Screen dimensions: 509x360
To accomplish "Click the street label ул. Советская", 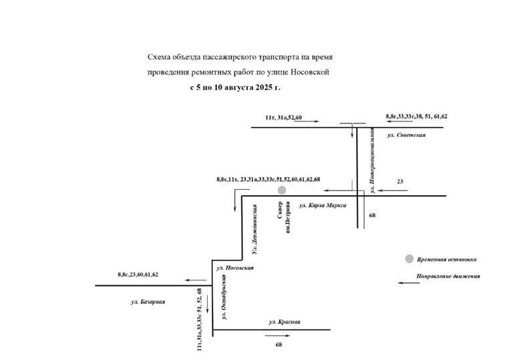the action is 406,135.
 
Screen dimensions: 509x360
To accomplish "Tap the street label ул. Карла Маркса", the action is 323,205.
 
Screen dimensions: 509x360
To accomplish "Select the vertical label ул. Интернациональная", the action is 372,160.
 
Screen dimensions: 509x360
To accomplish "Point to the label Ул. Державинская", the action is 254,229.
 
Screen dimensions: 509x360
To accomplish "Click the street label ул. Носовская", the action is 235,268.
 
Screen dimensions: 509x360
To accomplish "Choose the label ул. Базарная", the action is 148,302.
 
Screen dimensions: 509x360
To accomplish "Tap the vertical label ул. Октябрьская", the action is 224,297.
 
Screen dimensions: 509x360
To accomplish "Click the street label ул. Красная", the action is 285,322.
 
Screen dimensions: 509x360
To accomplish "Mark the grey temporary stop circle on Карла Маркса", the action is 282,190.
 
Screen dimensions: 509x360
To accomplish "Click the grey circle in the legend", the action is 409,258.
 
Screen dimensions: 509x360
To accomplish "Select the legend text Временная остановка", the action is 447,260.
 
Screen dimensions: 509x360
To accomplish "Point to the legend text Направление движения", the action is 448,277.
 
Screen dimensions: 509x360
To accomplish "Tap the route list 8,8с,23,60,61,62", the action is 138,275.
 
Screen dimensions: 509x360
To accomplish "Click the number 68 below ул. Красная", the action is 279,345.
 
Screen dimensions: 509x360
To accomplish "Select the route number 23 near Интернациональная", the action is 400,182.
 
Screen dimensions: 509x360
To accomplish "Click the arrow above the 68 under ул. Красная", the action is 278,336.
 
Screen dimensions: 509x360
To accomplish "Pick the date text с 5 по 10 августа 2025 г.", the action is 235,87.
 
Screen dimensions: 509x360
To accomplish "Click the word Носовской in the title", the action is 310,72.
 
